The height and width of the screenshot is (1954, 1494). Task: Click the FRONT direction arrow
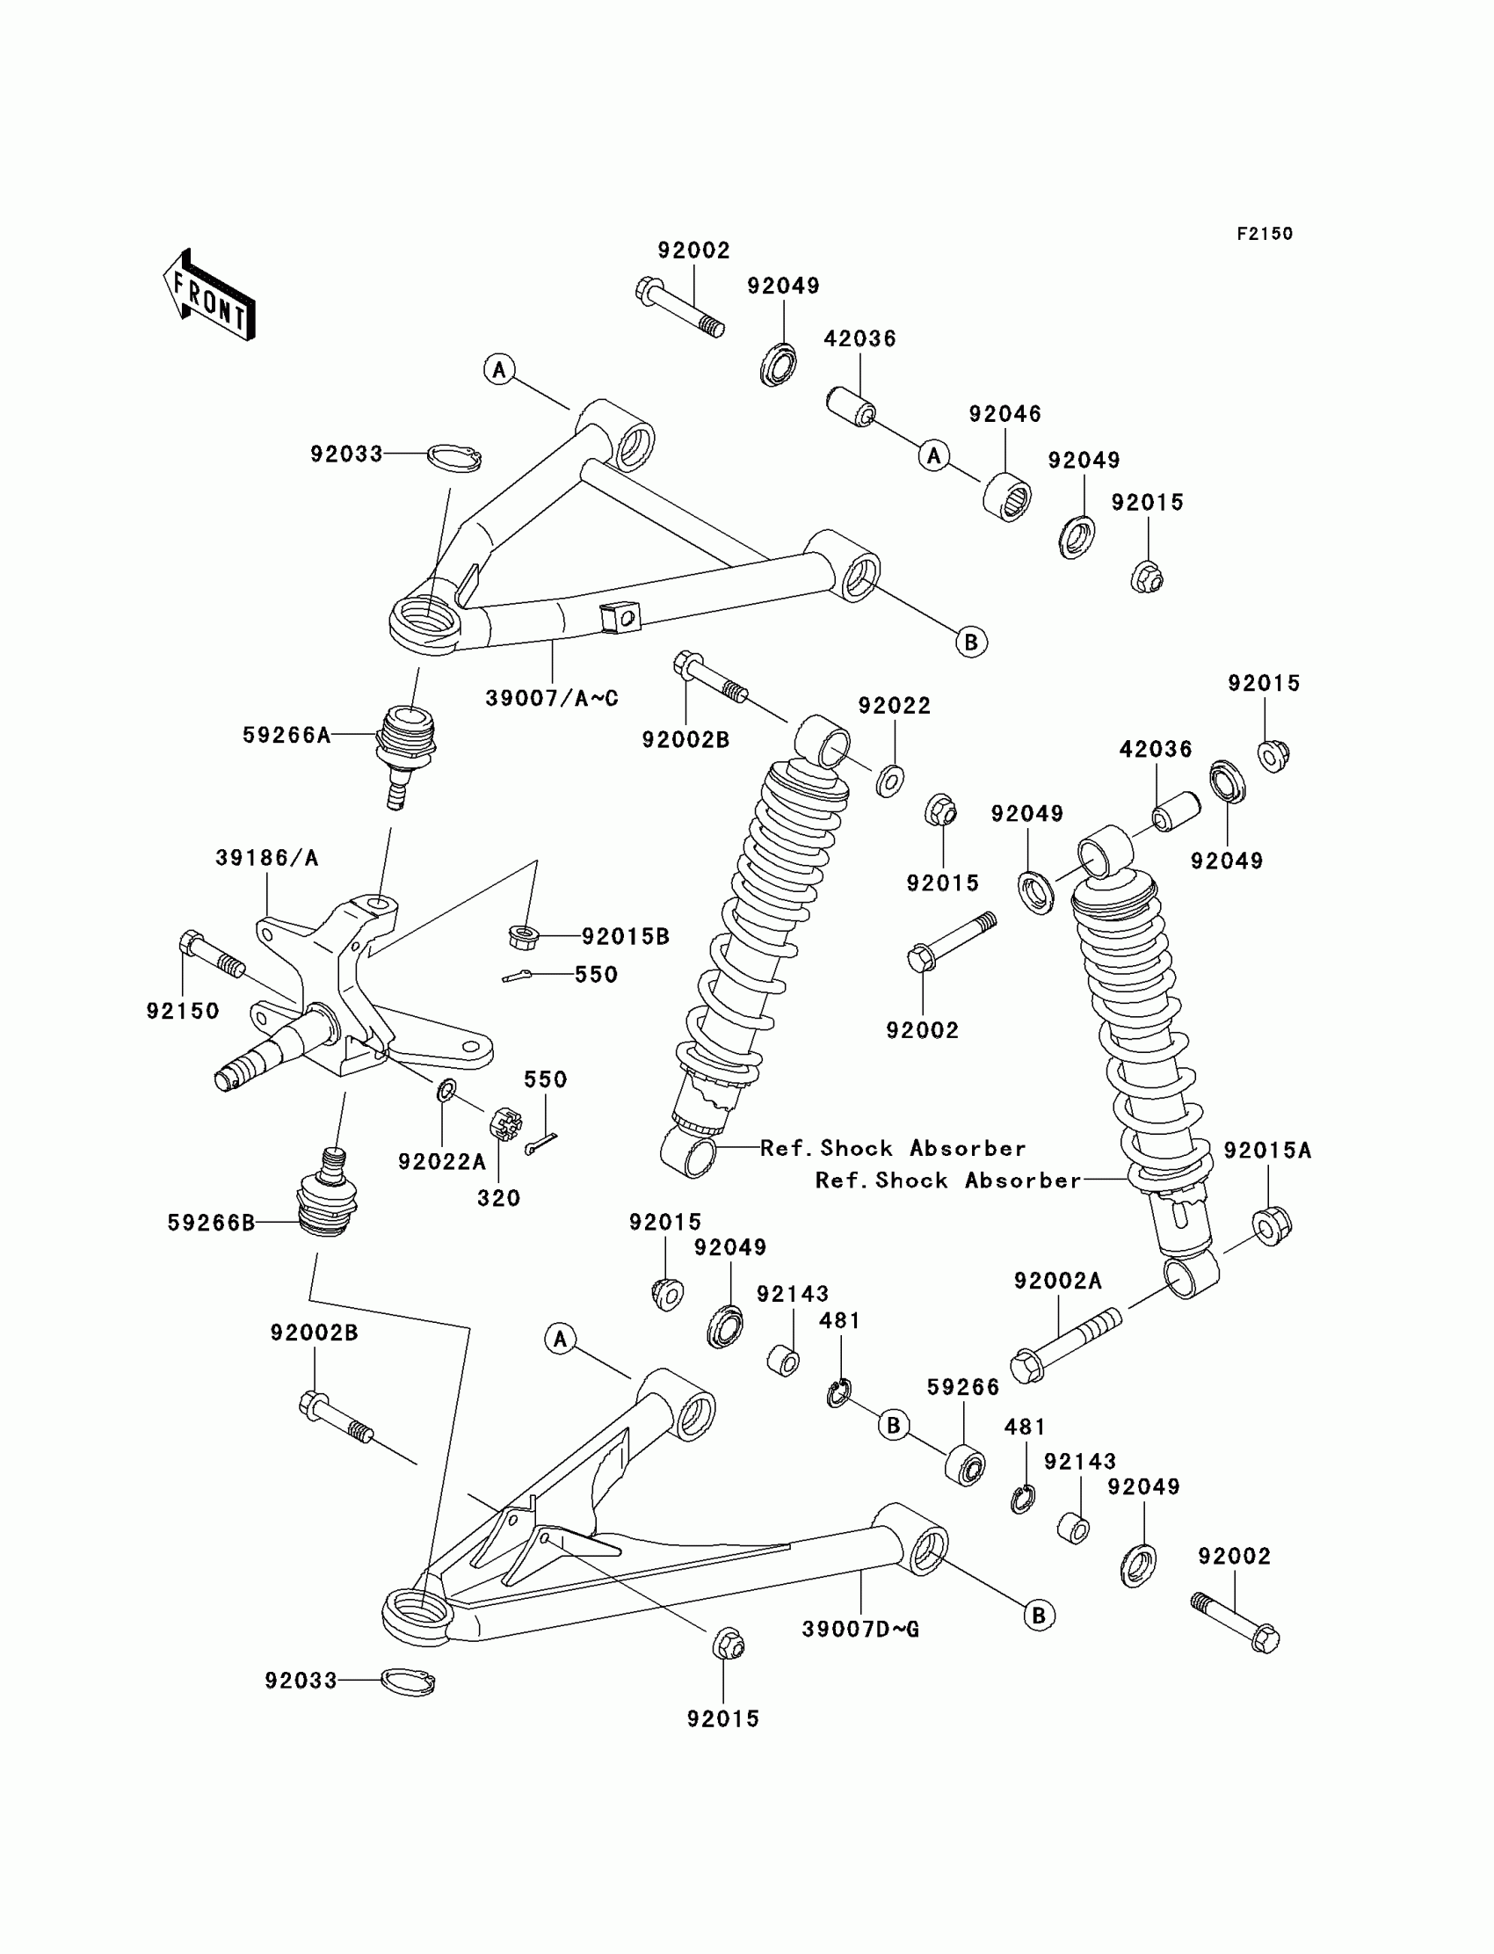pyautogui.click(x=210, y=295)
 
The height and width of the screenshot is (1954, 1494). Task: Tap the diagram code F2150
pyautogui.click(x=1265, y=234)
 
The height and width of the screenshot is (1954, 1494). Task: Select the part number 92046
pyautogui.click(x=1004, y=414)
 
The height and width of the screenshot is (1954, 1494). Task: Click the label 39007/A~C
pyautogui.click(x=551, y=698)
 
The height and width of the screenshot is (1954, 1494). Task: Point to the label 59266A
pyautogui.click(x=286, y=735)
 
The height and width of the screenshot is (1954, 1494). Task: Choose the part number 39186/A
pyautogui.click(x=267, y=858)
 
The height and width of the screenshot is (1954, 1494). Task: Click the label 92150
pyautogui.click(x=182, y=1011)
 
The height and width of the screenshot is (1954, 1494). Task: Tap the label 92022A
pyautogui.click(x=442, y=1161)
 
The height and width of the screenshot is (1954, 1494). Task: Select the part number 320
pyautogui.click(x=498, y=1198)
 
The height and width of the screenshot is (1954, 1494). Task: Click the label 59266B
pyautogui.click(x=212, y=1223)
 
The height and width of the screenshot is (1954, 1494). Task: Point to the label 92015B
pyautogui.click(x=625, y=936)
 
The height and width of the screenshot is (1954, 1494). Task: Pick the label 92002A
pyautogui.click(x=1058, y=1281)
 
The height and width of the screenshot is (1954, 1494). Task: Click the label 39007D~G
pyautogui.click(x=861, y=1630)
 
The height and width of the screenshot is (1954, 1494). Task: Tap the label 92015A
pyautogui.click(x=1267, y=1150)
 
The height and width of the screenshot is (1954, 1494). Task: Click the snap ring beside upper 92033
pyautogui.click(x=453, y=456)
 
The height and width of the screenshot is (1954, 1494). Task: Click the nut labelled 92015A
pyautogui.click(x=1272, y=1225)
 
